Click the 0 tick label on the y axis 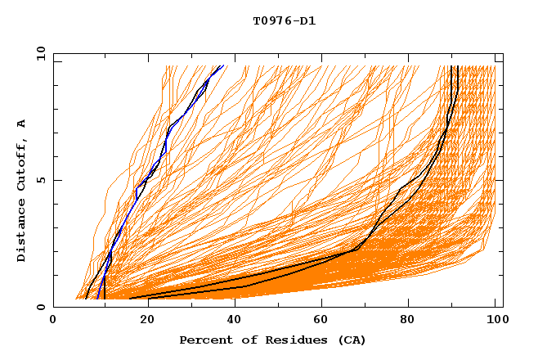tap(41, 307)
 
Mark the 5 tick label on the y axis tap(41, 180)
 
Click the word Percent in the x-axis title tap(204, 340)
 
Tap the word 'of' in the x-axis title tap(242, 340)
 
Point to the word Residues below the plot tap(287, 340)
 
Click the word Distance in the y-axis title tap(21, 232)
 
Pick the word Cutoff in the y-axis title tap(21, 164)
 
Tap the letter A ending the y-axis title tap(21, 124)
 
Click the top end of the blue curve tap(222, 65)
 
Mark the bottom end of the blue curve tap(97, 298)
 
